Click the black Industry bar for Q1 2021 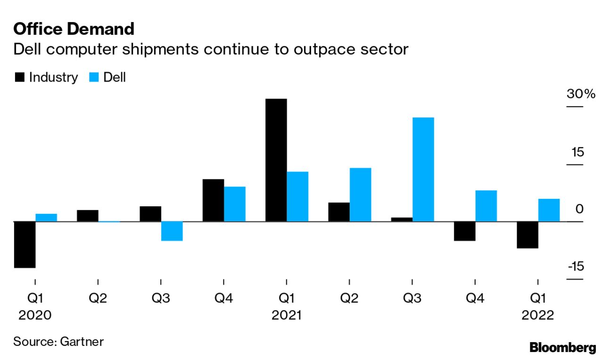click(276, 160)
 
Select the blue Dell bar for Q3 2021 click(423, 169)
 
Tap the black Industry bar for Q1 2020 click(25, 244)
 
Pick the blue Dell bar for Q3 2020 click(172, 231)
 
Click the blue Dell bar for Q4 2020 click(234, 204)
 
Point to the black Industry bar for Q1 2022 click(527, 235)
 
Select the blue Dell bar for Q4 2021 click(486, 205)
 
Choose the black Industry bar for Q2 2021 click(339, 212)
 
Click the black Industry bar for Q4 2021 click(465, 231)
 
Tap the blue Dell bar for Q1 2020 click(46, 217)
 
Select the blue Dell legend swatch click(93, 77)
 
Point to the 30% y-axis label click(581, 94)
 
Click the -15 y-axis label click(576, 266)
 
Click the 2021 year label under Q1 click(286, 315)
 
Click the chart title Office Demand click(74, 29)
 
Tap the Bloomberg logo click(562, 348)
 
